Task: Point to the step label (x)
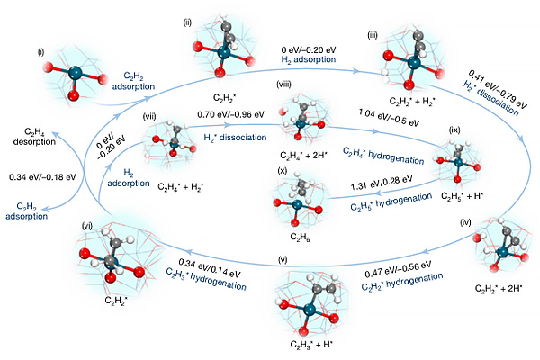coord(282,169)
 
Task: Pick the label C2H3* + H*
coord(311,345)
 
